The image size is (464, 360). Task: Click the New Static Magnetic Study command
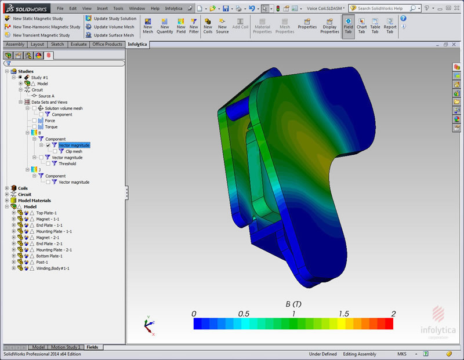(41, 19)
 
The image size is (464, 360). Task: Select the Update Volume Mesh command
(113, 27)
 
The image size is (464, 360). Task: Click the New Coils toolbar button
(208, 29)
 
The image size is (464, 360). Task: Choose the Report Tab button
(390, 29)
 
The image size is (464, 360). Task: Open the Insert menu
(102, 9)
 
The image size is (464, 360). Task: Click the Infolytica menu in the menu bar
(173, 9)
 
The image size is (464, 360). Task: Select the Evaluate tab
(78, 45)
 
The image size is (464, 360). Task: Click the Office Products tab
(107, 45)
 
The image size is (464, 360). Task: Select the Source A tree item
(46, 96)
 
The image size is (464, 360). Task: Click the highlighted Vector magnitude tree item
(74, 146)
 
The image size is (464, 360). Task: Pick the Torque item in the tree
(51, 127)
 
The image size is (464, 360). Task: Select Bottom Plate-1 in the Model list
(49, 256)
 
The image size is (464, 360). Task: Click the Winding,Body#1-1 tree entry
(52, 268)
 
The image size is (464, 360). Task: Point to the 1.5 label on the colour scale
(343, 314)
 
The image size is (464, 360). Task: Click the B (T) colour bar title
(293, 304)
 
